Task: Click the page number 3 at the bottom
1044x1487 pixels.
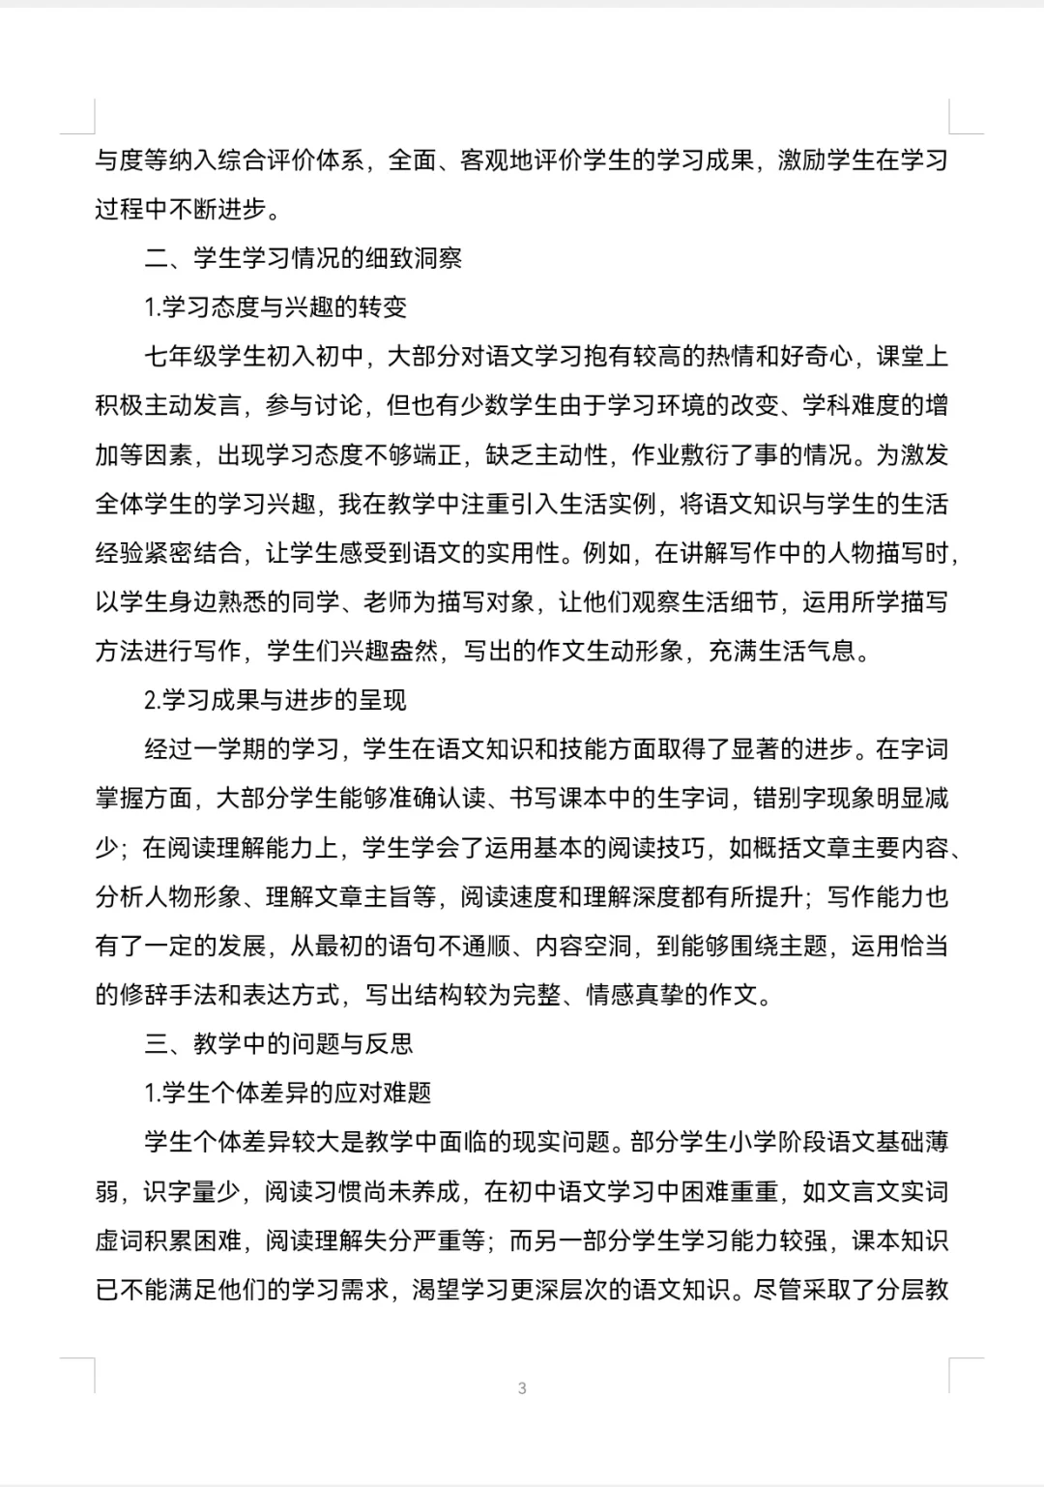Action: tap(522, 1388)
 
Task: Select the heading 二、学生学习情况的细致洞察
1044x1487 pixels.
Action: tap(304, 258)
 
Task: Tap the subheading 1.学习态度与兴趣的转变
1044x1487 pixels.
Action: tap(275, 307)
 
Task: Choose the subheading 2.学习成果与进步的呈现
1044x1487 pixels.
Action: tap(275, 700)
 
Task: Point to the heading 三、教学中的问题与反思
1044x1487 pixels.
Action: tap(278, 1043)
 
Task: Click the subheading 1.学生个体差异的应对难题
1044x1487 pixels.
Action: tap(288, 1093)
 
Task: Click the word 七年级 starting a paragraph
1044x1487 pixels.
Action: tap(181, 357)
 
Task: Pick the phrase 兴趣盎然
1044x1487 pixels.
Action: tap(389, 651)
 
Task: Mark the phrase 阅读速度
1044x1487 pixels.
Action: tap(509, 896)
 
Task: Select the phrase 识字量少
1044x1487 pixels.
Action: tap(192, 1191)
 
